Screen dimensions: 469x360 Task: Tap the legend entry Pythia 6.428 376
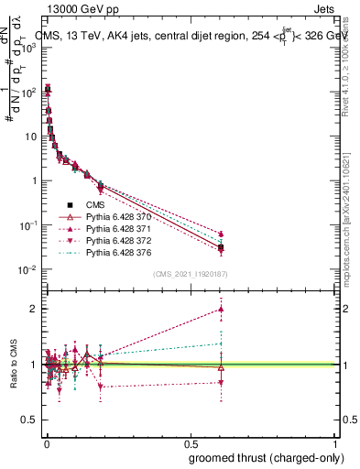coord(118,252)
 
